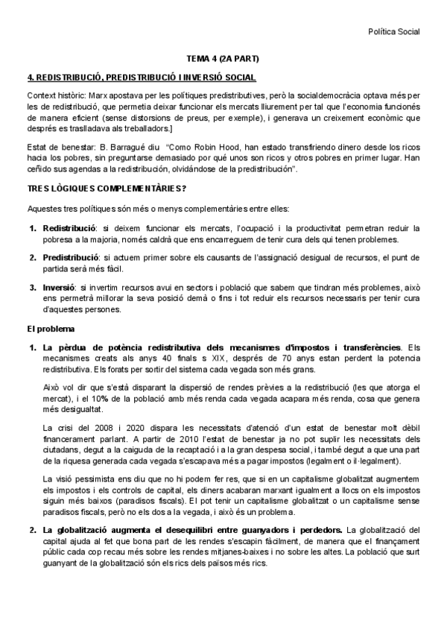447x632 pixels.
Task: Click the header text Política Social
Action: tap(394, 31)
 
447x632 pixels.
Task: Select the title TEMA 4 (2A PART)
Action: tap(223, 58)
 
